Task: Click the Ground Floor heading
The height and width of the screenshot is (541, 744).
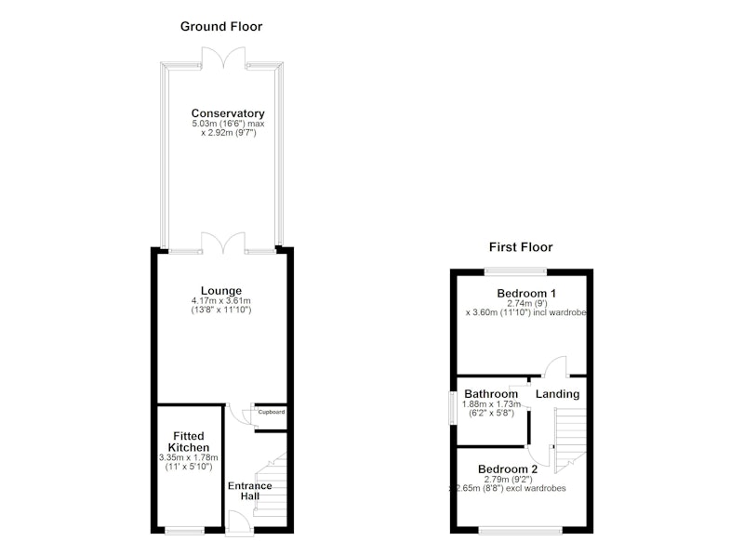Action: (221, 27)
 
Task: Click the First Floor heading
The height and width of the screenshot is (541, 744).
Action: (521, 247)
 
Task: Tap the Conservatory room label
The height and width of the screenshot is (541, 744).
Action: (228, 113)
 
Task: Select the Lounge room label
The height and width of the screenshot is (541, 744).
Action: (221, 291)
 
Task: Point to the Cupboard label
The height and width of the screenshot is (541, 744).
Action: (272, 412)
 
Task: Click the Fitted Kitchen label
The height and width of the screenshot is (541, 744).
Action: (189, 442)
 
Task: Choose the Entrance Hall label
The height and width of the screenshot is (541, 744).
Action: (249, 491)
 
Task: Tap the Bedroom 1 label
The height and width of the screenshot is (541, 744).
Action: (526, 293)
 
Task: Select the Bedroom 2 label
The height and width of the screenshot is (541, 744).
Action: (508, 468)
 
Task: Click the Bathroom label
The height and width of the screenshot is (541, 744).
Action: (491, 393)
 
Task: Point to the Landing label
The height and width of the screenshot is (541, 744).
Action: (557, 394)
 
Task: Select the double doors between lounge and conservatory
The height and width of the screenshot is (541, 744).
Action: (223, 243)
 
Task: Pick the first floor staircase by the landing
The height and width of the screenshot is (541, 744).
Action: (570, 440)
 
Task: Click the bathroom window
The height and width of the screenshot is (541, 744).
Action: (454, 408)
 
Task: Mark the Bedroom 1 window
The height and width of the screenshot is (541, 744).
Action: (515, 271)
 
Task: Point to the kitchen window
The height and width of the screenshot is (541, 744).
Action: (185, 530)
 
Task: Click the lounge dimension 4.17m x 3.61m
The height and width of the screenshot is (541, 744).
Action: (221, 300)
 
